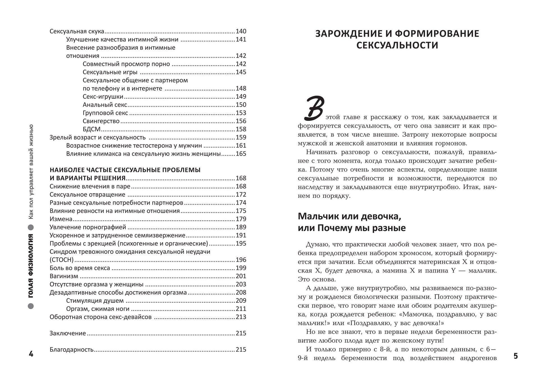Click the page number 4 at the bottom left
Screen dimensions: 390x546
[x=31, y=354]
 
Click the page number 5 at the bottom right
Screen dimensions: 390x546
[x=515, y=356]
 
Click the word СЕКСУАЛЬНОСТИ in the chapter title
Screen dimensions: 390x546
[x=397, y=45]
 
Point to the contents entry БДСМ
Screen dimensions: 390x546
[x=91, y=129]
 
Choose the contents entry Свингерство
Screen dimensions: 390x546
[x=101, y=121]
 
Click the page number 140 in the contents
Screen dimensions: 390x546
[x=241, y=31]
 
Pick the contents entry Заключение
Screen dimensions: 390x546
[x=68, y=333]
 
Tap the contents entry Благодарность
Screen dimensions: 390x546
[x=71, y=350]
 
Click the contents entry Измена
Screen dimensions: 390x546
[x=61, y=219]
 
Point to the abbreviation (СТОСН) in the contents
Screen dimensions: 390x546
[x=61, y=260]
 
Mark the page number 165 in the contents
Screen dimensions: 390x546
[x=241, y=154]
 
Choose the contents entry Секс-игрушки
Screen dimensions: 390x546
[x=103, y=97]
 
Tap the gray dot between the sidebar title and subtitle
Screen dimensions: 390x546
[x=31, y=227]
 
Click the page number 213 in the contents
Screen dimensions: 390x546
[x=241, y=317]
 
